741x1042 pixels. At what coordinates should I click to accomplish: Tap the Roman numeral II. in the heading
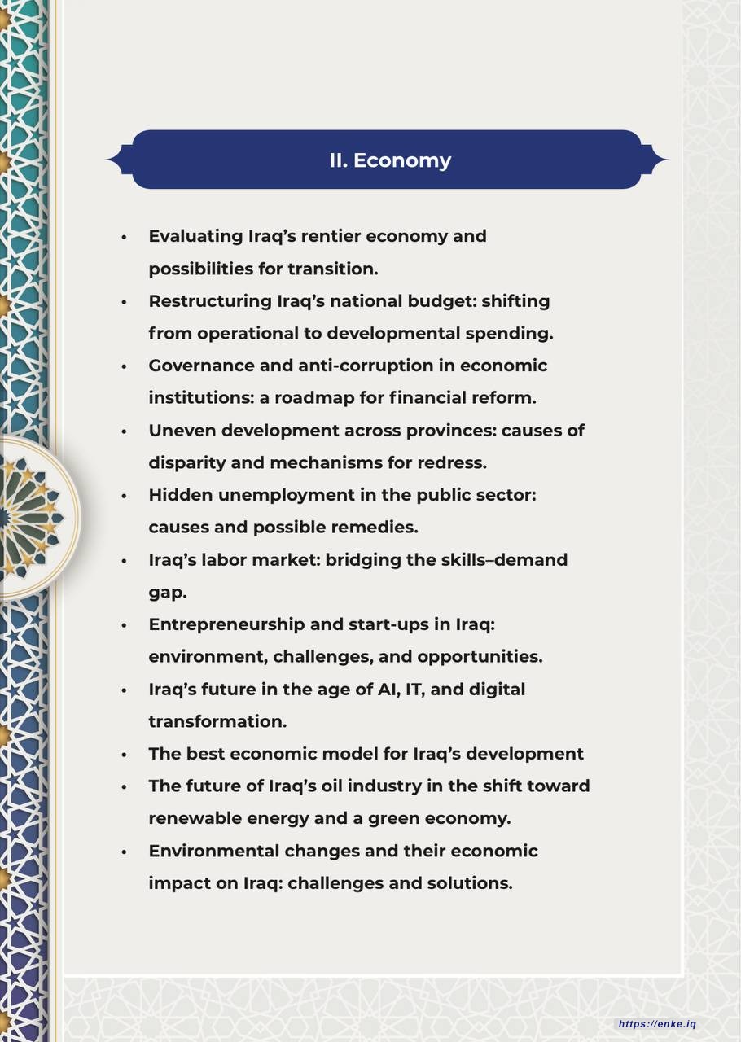click(x=339, y=160)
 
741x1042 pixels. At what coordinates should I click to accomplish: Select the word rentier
click(x=331, y=236)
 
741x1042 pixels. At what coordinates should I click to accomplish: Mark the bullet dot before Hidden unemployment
click(x=125, y=496)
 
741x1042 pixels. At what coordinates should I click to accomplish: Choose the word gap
click(x=167, y=593)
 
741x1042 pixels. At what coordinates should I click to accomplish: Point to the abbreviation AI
click(x=387, y=690)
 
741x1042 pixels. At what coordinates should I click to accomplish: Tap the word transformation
click(x=217, y=722)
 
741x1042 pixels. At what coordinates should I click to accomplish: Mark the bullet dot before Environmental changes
click(x=125, y=852)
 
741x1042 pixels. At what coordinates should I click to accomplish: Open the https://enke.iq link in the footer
click(x=657, y=1024)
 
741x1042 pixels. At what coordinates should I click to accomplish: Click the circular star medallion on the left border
click(x=33, y=518)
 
